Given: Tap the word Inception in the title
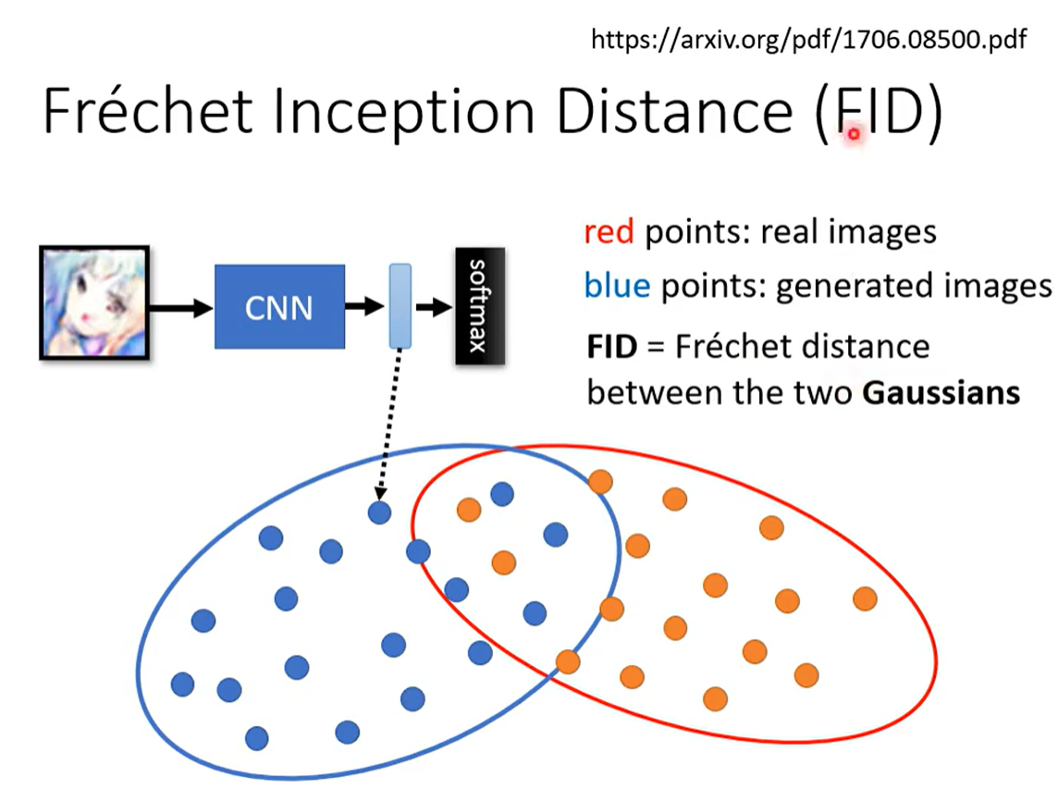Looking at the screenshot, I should [x=400, y=112].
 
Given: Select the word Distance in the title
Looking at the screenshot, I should [x=676, y=112].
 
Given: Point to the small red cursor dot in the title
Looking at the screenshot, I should [x=854, y=133].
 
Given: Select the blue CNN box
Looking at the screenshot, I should [x=279, y=307].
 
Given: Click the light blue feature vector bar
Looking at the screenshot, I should [x=400, y=306].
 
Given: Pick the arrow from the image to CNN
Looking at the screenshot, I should [x=180, y=309].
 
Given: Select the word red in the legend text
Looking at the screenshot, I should [x=609, y=232].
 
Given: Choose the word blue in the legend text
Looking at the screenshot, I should [x=617, y=287].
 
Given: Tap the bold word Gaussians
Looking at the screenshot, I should [x=941, y=393].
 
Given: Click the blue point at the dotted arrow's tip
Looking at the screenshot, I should [x=378, y=512].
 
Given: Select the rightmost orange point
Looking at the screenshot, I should [x=865, y=598].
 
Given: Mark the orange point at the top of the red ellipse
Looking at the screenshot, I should [x=601, y=481].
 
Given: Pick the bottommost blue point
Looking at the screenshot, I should [x=257, y=738].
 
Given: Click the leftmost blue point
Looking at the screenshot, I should [x=183, y=684].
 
